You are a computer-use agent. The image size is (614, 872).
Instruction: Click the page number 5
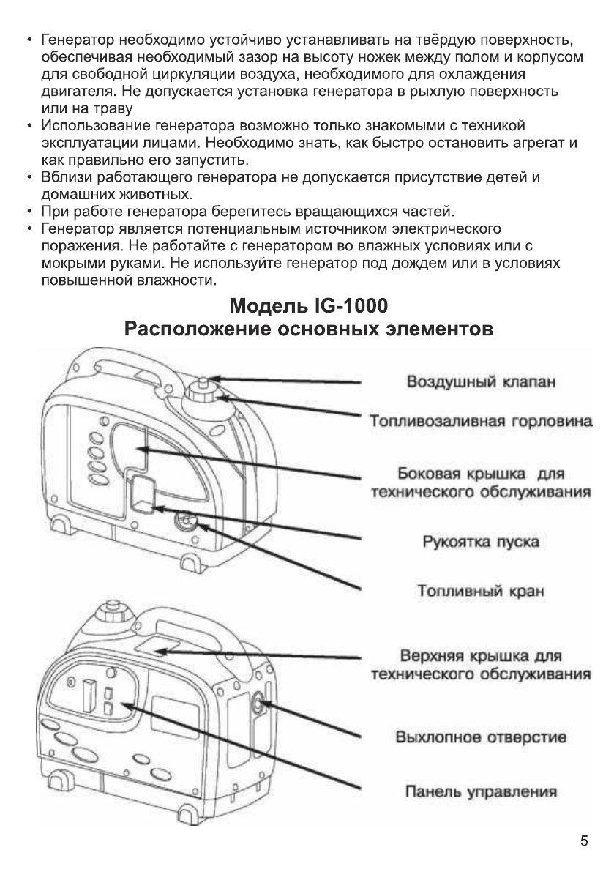pyautogui.click(x=584, y=841)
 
